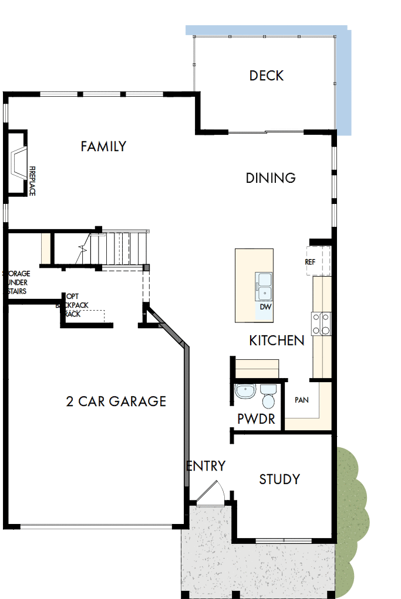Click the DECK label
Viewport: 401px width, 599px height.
pyautogui.click(x=266, y=76)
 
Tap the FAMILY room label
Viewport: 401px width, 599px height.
pyautogui.click(x=103, y=146)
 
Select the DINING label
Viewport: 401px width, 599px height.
pyautogui.click(x=270, y=178)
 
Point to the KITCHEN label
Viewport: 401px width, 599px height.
pyautogui.click(x=277, y=341)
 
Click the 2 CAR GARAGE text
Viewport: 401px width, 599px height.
pyautogui.click(x=116, y=401)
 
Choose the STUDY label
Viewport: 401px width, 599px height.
pyautogui.click(x=279, y=479)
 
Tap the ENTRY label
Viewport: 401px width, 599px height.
pyautogui.click(x=206, y=466)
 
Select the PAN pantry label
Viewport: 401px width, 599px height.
pyautogui.click(x=302, y=400)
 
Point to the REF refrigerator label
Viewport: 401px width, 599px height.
pyautogui.click(x=310, y=262)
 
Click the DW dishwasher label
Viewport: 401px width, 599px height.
pyautogui.click(x=265, y=307)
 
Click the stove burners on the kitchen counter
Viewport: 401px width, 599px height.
pyautogui.click(x=321, y=323)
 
